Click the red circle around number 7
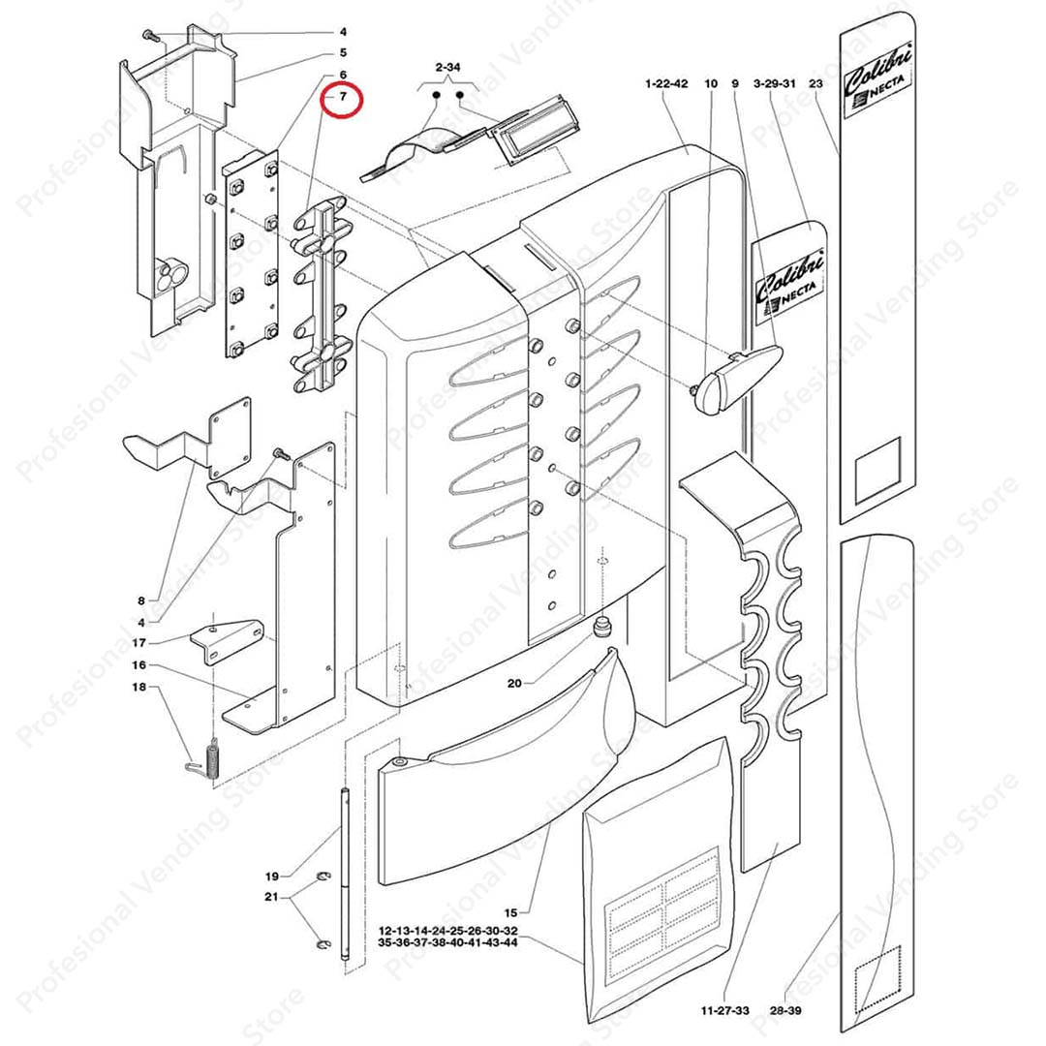click(x=342, y=99)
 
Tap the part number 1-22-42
click(x=665, y=85)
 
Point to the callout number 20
click(x=514, y=684)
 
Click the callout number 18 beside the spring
click(x=139, y=688)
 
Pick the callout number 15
click(x=511, y=912)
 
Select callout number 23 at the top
click(x=815, y=85)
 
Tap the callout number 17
click(x=139, y=642)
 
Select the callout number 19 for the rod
click(x=272, y=876)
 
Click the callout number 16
click(x=139, y=665)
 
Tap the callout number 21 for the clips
click(x=272, y=898)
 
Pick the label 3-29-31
click(x=775, y=85)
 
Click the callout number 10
click(x=711, y=85)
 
